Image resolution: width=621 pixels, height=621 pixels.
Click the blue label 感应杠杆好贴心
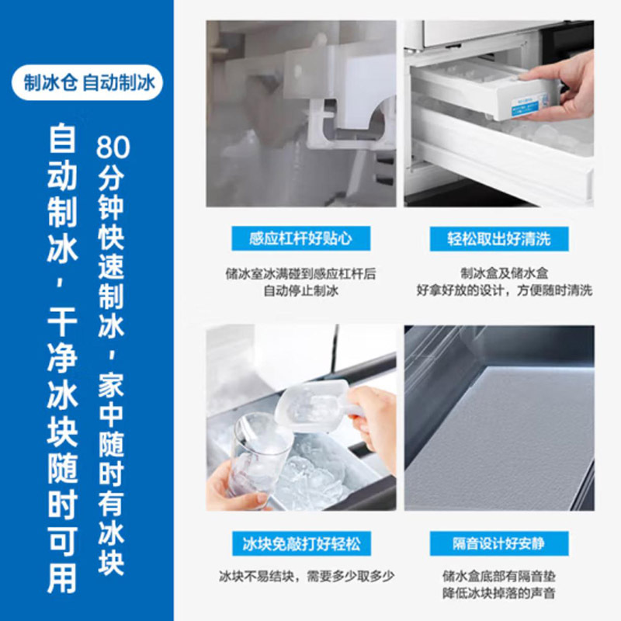300,238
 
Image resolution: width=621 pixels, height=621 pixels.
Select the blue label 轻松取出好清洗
498,238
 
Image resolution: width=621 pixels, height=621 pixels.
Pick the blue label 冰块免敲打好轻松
300,543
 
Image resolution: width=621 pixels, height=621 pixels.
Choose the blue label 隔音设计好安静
498,543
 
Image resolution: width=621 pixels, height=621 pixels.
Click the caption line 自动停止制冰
300,291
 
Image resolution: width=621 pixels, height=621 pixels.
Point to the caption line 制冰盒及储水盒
498,273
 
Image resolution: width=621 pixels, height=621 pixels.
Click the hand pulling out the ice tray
559,89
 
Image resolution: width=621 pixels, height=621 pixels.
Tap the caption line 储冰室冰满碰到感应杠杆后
300,273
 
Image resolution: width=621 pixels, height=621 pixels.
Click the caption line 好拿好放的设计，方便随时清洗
498,291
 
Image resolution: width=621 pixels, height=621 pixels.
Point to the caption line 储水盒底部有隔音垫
498,577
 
